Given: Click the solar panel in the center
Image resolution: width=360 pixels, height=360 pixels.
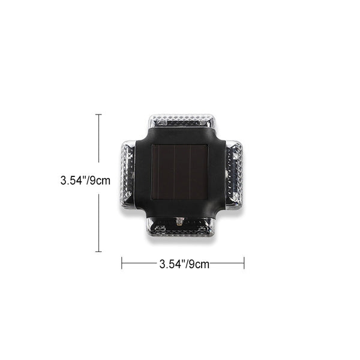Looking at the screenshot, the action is pyautogui.click(x=180, y=172).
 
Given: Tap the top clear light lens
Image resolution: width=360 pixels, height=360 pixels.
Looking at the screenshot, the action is pyautogui.click(x=182, y=121).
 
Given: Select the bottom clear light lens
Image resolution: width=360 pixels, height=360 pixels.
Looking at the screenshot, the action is pyautogui.click(x=181, y=227).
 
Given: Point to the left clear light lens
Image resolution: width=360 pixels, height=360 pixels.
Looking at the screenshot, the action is pyautogui.click(x=128, y=175).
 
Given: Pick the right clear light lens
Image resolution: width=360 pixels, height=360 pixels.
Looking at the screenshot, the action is pyautogui.click(x=234, y=175).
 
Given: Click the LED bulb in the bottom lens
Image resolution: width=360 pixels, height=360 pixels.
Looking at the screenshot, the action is pyautogui.click(x=179, y=221).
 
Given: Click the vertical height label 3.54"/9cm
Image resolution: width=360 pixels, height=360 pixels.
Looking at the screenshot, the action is pyautogui.click(x=85, y=181).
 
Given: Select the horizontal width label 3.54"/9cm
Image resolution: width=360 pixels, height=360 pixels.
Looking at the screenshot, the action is pyautogui.click(x=184, y=264).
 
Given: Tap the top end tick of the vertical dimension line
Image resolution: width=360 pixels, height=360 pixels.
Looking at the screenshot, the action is pyautogui.click(x=99, y=115).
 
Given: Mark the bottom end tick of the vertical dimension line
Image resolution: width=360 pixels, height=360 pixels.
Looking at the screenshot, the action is pyautogui.click(x=99, y=251).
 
